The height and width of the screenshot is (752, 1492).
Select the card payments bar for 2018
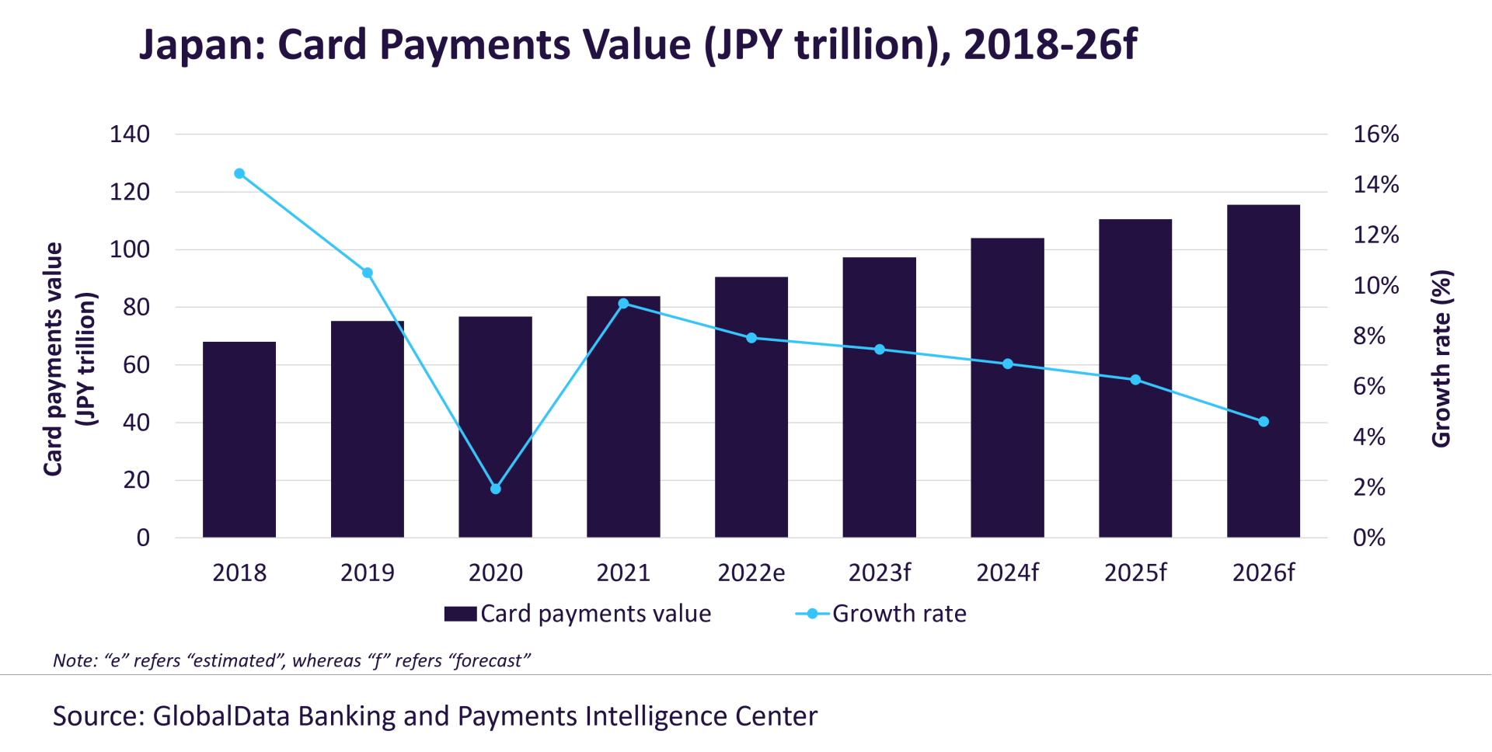[x=239, y=440]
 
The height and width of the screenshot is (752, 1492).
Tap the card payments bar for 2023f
[x=879, y=398]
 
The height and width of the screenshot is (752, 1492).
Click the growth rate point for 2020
[x=496, y=489]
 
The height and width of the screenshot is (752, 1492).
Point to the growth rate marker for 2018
[x=239, y=174]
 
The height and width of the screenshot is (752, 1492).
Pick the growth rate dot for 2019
[x=368, y=273]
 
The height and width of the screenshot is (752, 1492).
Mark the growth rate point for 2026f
[x=1264, y=422]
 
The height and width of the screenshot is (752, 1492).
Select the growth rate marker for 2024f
[x=1008, y=364]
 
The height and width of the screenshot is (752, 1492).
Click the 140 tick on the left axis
[x=130, y=134]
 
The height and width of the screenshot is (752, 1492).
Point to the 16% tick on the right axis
[x=1375, y=134]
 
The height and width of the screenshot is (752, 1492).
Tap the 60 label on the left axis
[x=136, y=365]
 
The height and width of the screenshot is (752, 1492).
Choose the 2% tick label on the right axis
[x=1369, y=487]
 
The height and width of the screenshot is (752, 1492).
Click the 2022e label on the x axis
[x=751, y=573]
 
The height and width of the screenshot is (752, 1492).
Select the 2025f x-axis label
[x=1135, y=573]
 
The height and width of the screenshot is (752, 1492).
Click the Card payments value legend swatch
[x=460, y=614]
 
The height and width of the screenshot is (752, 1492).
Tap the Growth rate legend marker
[x=812, y=614]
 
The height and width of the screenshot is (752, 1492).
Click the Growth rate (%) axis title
[x=1441, y=359]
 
